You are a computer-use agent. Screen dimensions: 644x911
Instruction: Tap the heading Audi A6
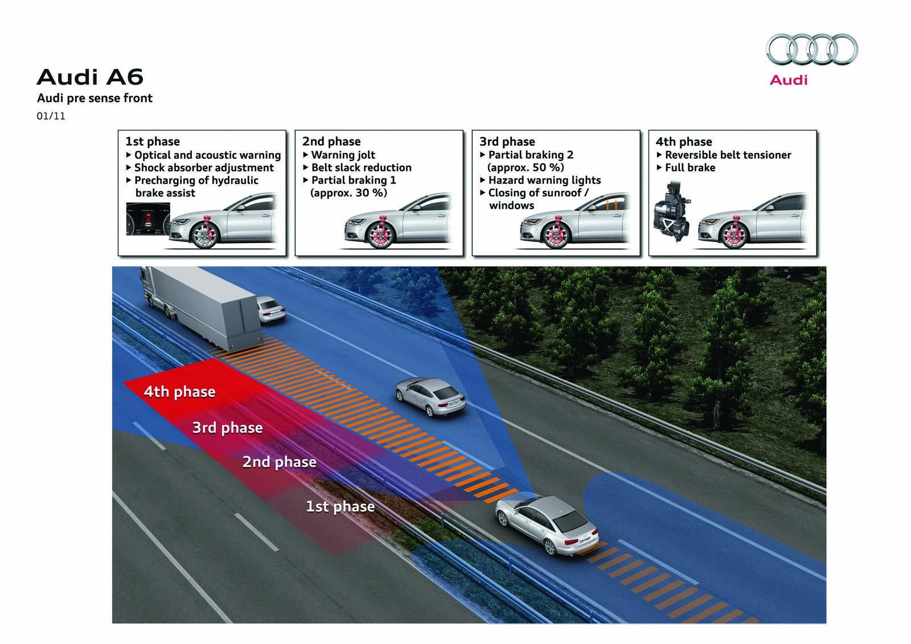[x=90, y=77]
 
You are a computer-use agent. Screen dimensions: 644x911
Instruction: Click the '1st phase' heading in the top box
[x=153, y=141]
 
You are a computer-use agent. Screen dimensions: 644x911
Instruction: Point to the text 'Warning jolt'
[x=343, y=155]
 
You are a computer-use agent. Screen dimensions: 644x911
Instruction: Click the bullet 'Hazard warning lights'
[x=544, y=180]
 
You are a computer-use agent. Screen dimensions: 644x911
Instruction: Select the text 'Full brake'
[x=690, y=167]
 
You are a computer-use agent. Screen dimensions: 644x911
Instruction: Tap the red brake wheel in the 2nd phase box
[x=376, y=233]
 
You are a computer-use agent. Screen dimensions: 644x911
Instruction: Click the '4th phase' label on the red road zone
[x=179, y=392]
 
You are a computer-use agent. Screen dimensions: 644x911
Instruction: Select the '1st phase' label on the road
[x=340, y=506]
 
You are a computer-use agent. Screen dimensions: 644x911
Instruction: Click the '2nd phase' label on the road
[x=279, y=461]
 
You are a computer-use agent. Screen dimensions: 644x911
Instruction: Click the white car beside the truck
[x=271, y=310]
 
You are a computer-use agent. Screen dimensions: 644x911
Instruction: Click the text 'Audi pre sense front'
[x=95, y=98]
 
